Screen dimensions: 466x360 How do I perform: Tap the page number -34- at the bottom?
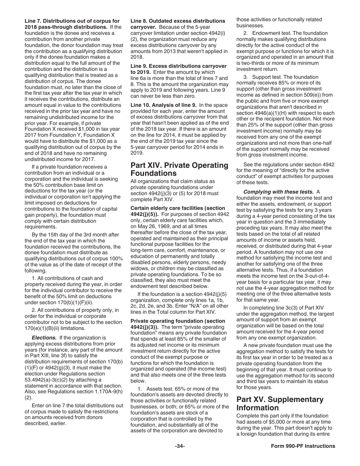[180, 446]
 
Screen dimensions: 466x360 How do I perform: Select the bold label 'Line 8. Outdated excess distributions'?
[178, 21]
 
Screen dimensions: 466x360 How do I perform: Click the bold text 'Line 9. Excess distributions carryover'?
[178, 66]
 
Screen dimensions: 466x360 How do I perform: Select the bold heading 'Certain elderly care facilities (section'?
[178, 208]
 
